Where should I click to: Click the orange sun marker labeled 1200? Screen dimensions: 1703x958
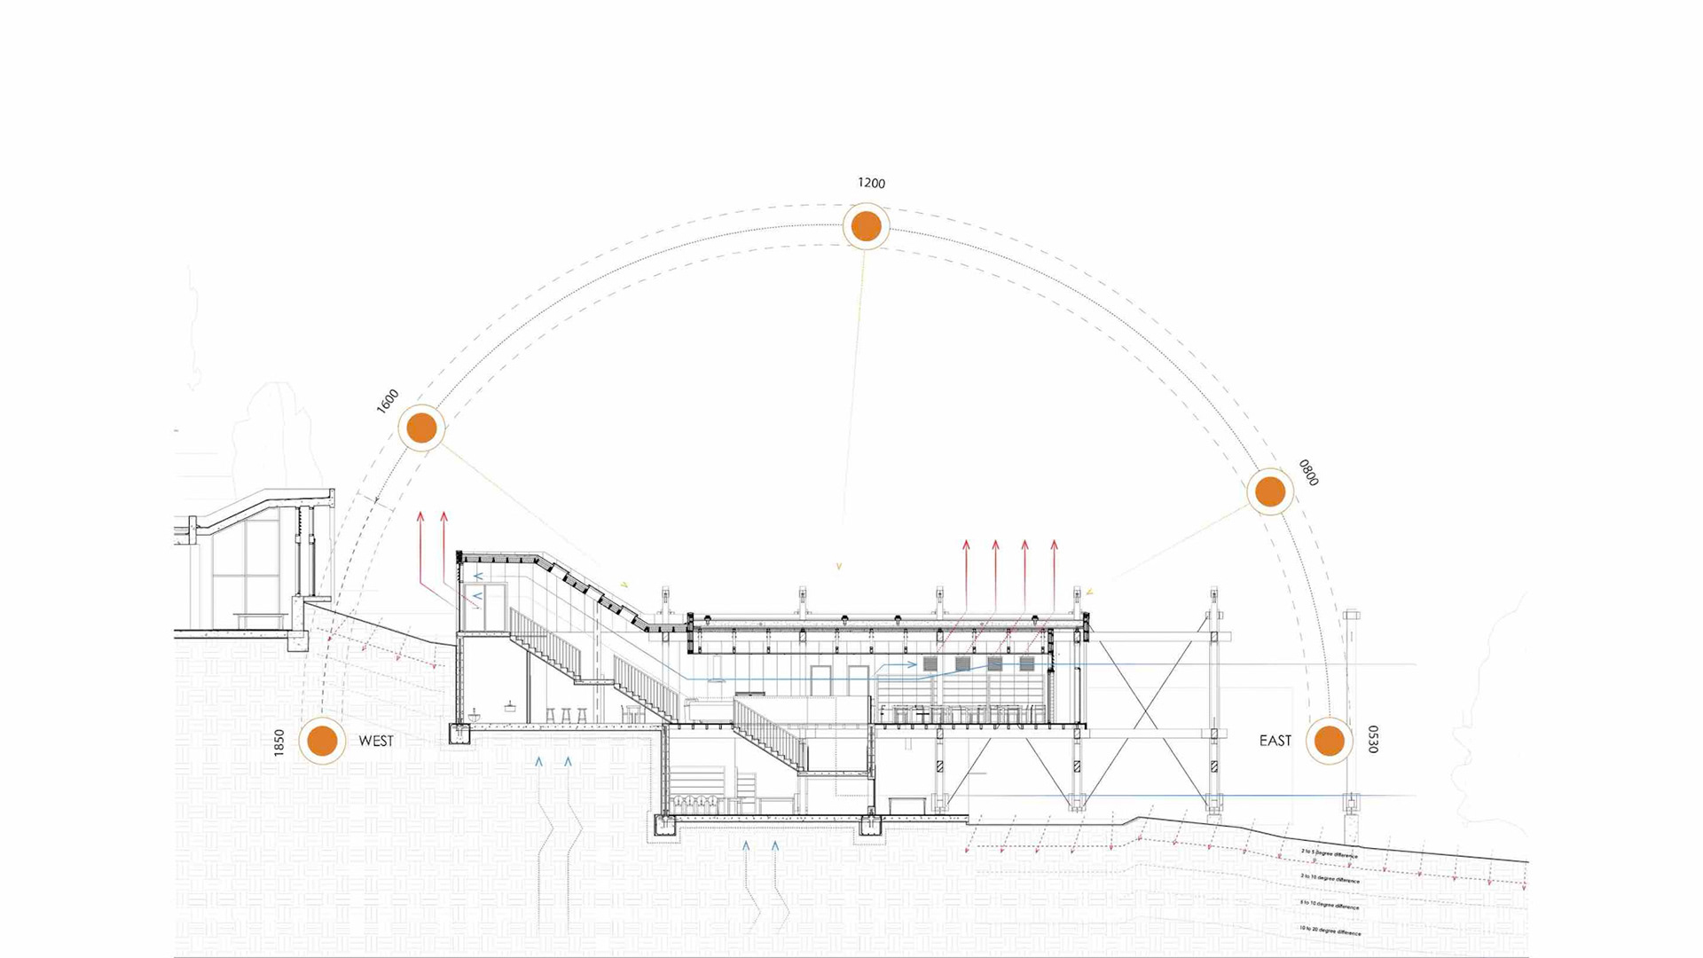(x=866, y=226)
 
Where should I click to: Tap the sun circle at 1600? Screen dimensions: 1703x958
(x=421, y=428)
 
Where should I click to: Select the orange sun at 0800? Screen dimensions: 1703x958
(x=1270, y=491)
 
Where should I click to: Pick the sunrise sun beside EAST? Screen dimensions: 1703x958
(x=1329, y=741)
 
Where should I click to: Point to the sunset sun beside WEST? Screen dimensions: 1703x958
(x=322, y=741)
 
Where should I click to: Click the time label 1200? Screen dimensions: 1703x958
(x=871, y=183)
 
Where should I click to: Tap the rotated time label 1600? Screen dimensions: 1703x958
(x=388, y=401)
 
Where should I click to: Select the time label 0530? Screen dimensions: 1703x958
(x=1373, y=740)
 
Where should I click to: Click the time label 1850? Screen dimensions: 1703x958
(x=279, y=742)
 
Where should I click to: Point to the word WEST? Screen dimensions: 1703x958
(x=376, y=741)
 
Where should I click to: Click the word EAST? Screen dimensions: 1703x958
(x=1275, y=741)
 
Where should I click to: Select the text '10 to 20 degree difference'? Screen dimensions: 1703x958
(x=1330, y=931)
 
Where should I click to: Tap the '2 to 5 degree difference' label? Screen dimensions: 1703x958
(x=1330, y=853)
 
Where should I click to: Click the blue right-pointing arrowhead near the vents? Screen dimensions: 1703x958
(x=913, y=664)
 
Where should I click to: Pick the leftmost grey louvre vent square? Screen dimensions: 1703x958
(x=930, y=664)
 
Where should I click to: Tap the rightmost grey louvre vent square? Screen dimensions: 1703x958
(x=1027, y=664)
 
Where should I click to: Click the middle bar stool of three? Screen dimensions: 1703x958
(x=566, y=714)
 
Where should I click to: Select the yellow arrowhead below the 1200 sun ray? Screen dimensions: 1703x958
(x=839, y=566)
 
